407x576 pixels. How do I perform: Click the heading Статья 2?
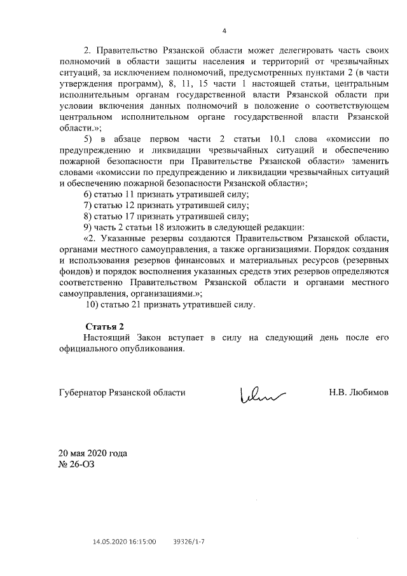pos(104,327)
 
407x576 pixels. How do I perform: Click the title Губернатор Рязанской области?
pos(122,393)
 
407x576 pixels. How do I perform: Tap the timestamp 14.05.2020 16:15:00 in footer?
pos(125,542)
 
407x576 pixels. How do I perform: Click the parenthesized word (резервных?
pos(360,260)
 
